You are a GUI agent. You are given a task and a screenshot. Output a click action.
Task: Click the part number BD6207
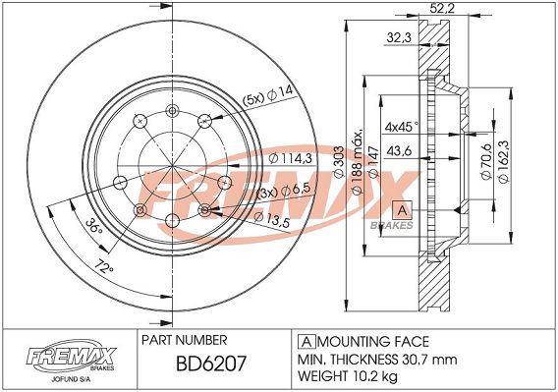pyautogui.click(x=211, y=364)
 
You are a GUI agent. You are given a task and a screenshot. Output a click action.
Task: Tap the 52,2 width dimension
pyautogui.click(x=442, y=8)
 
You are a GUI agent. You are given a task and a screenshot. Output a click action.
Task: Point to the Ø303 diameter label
pyautogui.click(x=339, y=162)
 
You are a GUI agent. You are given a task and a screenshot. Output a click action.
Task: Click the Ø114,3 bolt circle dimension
pyautogui.click(x=290, y=158)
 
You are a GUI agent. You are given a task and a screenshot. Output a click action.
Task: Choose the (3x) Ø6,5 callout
pyautogui.click(x=283, y=191)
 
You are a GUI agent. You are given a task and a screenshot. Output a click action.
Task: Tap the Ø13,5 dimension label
pyautogui.click(x=272, y=218)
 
